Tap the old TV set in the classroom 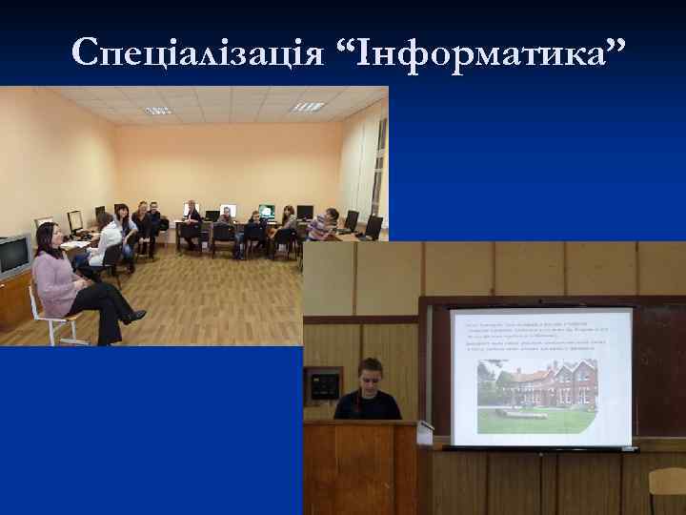point(13,255)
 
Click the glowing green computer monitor point(267,211)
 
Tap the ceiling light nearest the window point(308,107)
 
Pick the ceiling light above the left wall point(157,111)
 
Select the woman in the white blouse point(106,238)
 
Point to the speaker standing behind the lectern point(367,391)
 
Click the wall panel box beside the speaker point(327,384)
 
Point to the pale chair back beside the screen point(668,483)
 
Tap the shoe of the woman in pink point(135,317)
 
